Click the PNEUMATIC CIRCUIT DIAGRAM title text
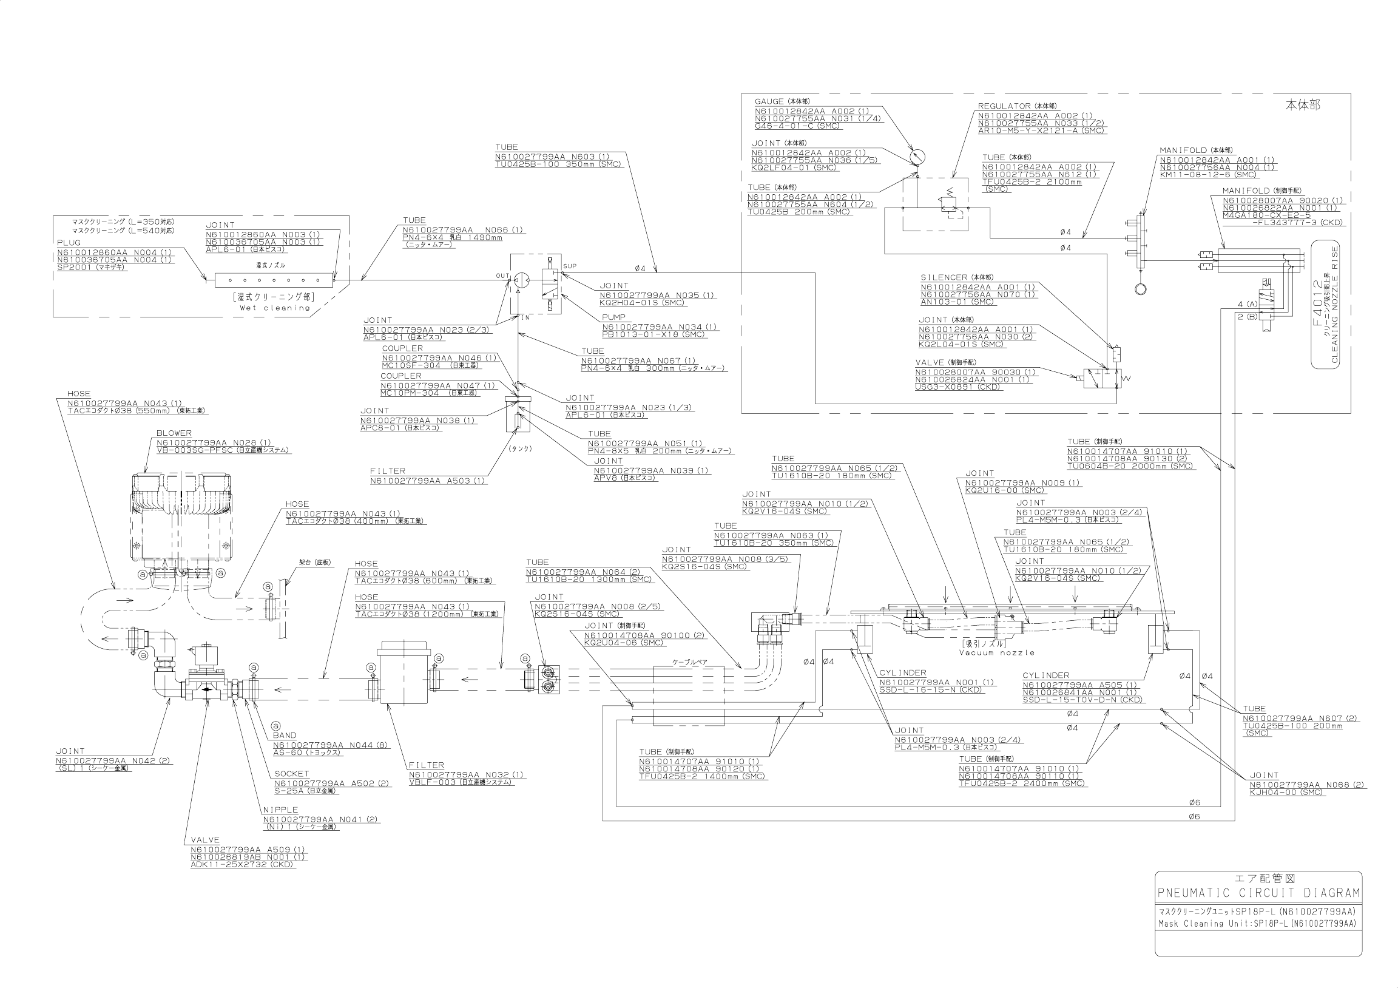click(x=1258, y=910)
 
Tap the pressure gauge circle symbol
click(x=917, y=157)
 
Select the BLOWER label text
click(x=174, y=433)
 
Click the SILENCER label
click(x=944, y=277)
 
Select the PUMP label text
click(x=614, y=317)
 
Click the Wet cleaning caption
click(x=275, y=308)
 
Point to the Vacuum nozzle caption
click(x=997, y=652)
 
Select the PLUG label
click(x=69, y=243)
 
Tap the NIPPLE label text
click(x=280, y=810)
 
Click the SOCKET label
click(x=292, y=774)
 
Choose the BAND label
click(x=285, y=735)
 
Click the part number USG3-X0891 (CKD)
click(x=957, y=387)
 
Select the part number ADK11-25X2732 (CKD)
click(x=243, y=864)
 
